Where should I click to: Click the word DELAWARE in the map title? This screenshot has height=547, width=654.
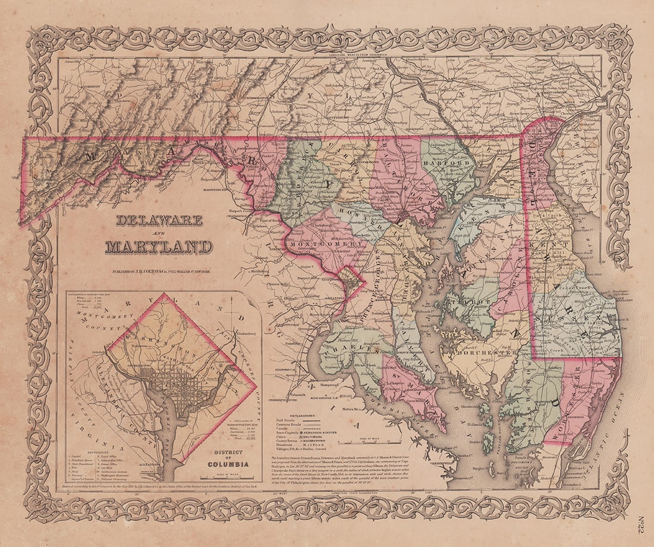point(159,221)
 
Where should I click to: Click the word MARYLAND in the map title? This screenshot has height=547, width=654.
point(159,246)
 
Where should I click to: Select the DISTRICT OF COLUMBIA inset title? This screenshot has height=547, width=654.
point(228,460)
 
